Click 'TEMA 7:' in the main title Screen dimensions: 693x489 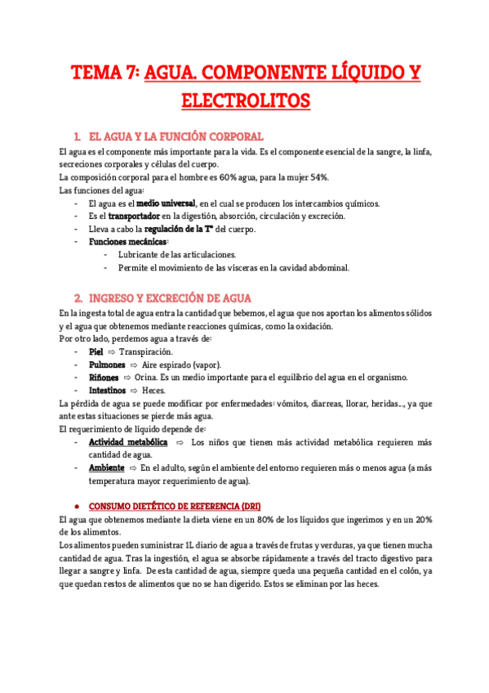tap(106, 74)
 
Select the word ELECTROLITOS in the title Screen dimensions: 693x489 tap(244, 101)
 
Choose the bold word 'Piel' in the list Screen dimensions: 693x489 tap(96, 351)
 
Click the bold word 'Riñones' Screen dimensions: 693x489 tap(104, 378)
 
